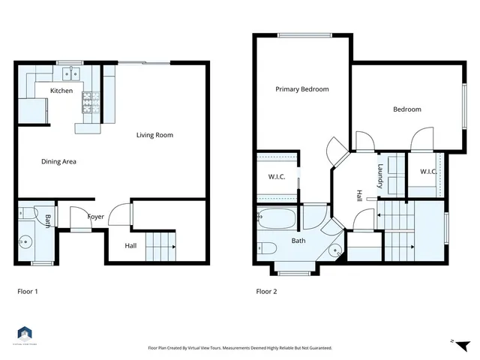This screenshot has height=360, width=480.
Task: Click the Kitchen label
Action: [x=61, y=91]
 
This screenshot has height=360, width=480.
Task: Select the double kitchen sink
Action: [x=73, y=73]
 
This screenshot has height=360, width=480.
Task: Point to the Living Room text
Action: [x=154, y=136]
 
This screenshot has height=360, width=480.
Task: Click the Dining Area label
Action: [x=58, y=161]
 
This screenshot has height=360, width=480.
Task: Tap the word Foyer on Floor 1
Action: [x=96, y=217]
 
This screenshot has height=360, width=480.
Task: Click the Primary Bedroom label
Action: [x=301, y=89]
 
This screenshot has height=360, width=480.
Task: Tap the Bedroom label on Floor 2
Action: [x=407, y=109]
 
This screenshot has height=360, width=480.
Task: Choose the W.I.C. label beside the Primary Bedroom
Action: [x=277, y=177]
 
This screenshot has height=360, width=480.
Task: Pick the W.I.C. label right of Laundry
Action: [x=428, y=172]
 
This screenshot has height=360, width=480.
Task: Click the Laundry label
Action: [x=381, y=175]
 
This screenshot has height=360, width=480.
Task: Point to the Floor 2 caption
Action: [x=266, y=291]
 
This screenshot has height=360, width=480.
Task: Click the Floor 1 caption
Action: [x=28, y=291]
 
